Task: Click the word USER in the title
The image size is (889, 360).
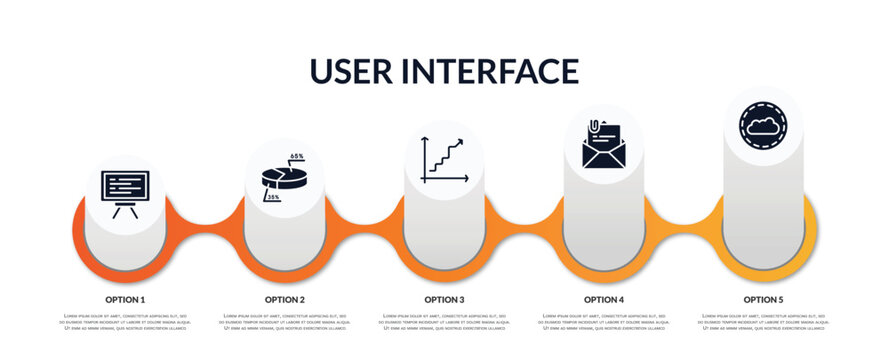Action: point(358,71)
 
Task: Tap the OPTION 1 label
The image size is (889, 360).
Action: point(125,299)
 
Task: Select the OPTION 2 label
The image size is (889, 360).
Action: point(285,299)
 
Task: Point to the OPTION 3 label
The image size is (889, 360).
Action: point(444,299)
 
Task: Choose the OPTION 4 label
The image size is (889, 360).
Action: point(604,299)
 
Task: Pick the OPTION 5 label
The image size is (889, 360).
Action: point(763,299)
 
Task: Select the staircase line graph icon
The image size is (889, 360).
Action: point(444,160)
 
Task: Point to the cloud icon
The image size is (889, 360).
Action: point(763,127)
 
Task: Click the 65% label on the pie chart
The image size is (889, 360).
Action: point(297,157)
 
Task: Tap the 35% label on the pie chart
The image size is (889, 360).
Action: point(273,198)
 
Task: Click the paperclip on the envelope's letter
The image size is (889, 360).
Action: point(594,127)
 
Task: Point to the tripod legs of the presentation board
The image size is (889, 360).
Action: point(125,210)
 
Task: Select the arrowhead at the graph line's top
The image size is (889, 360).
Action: point(461,142)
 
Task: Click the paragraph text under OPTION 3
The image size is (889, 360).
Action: point(444,322)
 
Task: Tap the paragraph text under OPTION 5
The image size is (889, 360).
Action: point(763,322)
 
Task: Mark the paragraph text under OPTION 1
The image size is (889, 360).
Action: point(125,322)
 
